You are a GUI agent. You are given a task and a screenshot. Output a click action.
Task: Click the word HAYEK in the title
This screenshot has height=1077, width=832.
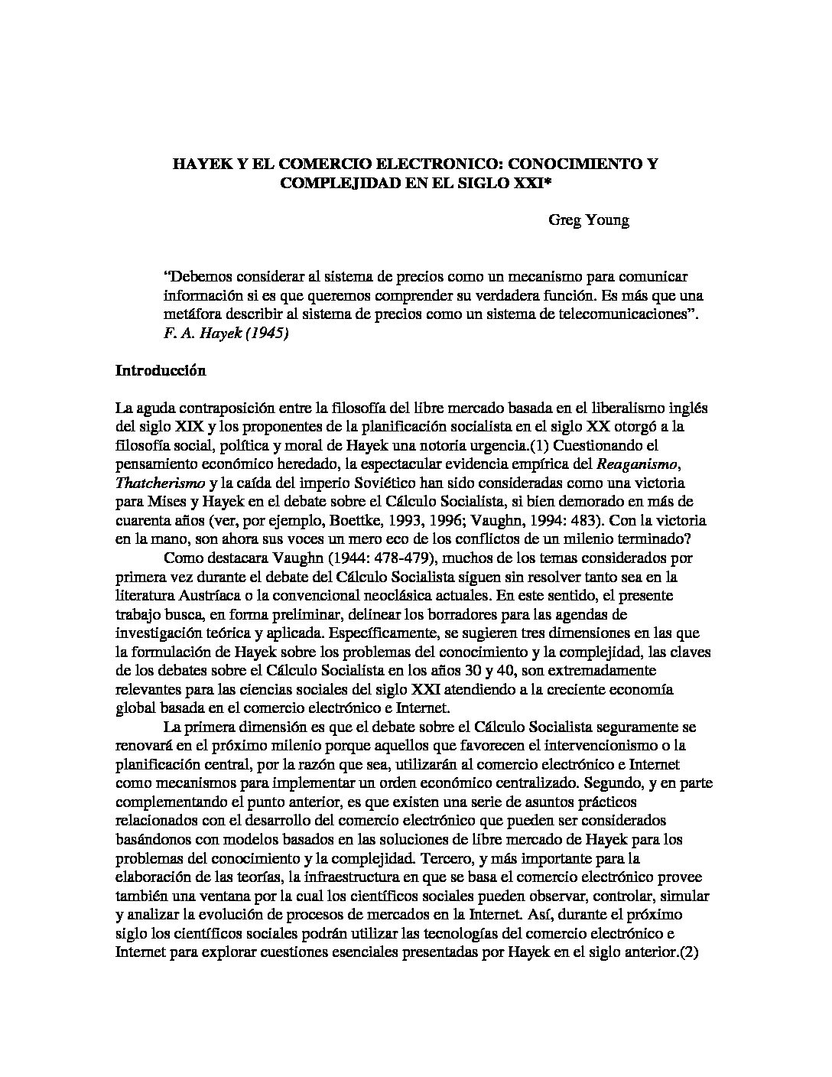[197, 164]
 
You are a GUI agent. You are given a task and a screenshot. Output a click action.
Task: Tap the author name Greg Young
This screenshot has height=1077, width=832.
[589, 221]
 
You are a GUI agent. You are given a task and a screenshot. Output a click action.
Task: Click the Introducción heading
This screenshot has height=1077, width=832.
[161, 370]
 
